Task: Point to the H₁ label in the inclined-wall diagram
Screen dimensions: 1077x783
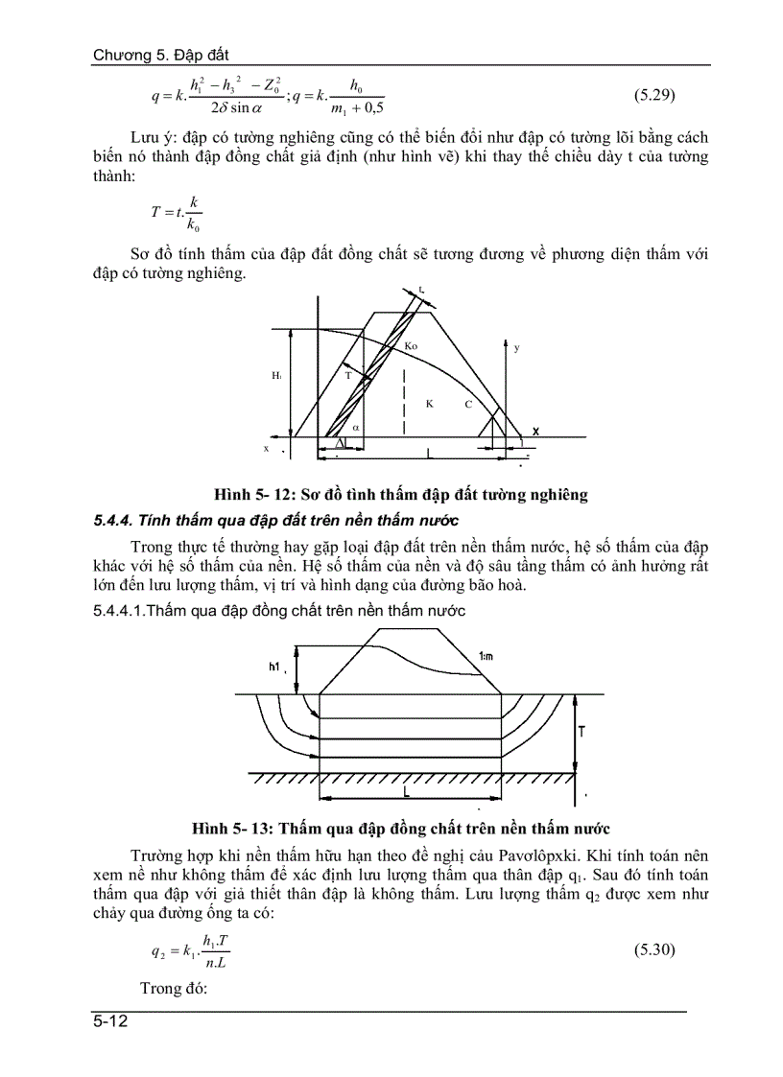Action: [x=276, y=377]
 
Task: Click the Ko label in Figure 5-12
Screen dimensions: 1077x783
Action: [x=411, y=344]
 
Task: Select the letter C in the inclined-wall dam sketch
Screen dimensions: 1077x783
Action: [x=468, y=404]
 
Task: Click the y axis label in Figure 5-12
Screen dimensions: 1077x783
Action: [x=516, y=348]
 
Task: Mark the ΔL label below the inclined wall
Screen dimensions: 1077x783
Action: [x=340, y=442]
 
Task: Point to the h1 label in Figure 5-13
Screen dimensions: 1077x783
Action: [x=276, y=666]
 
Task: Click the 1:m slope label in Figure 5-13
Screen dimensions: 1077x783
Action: [x=487, y=657]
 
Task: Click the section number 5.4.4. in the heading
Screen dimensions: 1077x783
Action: [x=113, y=521]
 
